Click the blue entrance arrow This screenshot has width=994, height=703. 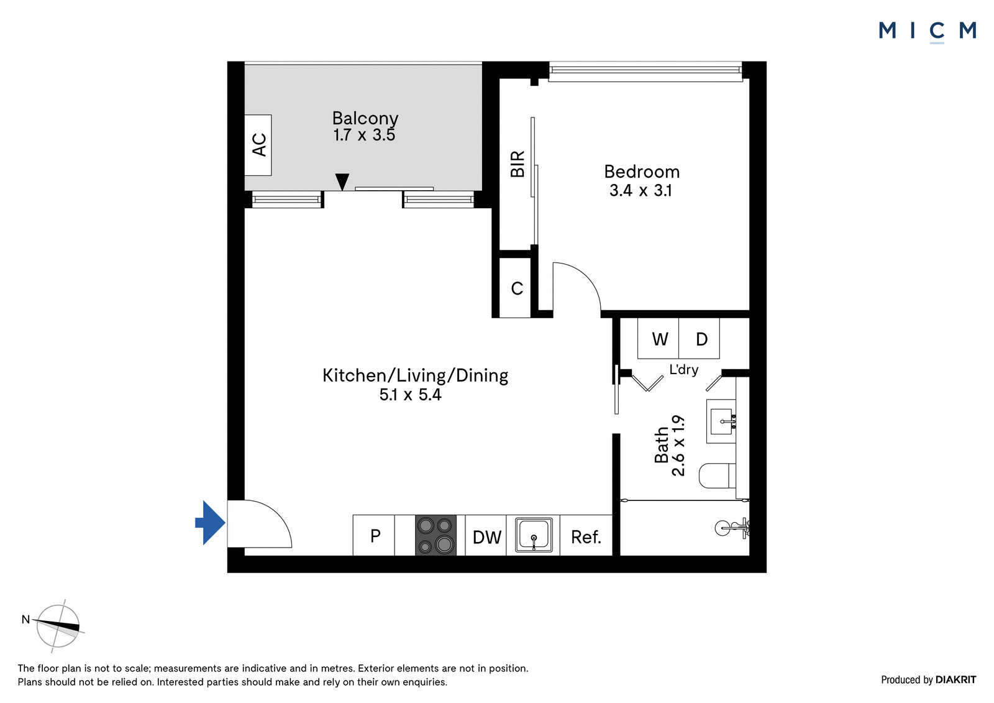tap(211, 523)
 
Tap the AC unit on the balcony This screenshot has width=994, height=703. tap(258, 145)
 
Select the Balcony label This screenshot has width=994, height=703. tap(365, 118)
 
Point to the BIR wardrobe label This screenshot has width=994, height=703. tap(518, 164)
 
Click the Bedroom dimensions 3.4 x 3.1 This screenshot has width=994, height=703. tap(641, 191)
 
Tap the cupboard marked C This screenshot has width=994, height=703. tap(515, 288)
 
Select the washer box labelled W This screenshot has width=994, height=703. tap(659, 338)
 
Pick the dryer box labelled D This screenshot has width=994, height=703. tap(700, 338)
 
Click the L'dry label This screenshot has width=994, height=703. tap(684, 369)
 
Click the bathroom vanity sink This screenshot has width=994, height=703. tap(721, 421)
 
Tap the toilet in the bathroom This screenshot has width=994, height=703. tap(717, 476)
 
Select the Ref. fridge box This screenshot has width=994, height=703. tap(586, 535)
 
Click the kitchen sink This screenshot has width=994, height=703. tap(534, 535)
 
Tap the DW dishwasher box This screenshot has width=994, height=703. tap(486, 535)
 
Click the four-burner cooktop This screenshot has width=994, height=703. tap(435, 535)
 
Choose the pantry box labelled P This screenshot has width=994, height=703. tap(373, 535)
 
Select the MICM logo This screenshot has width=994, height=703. tap(928, 31)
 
